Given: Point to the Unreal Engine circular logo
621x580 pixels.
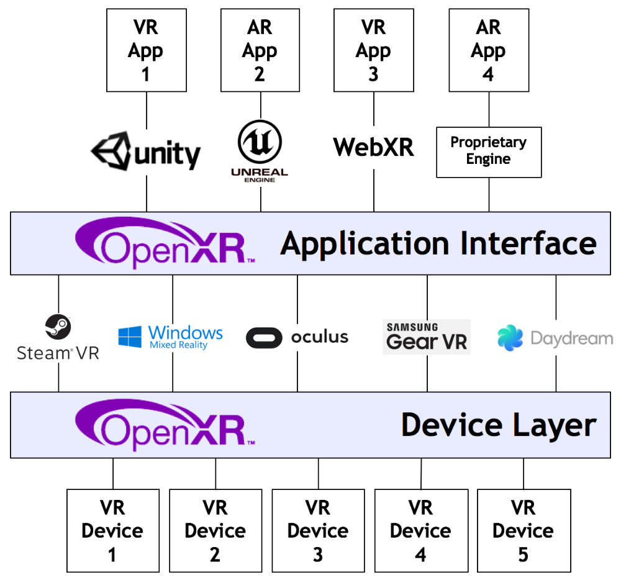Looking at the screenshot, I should pyautogui.click(x=260, y=142).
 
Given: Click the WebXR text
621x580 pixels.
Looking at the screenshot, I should pyautogui.click(x=373, y=148).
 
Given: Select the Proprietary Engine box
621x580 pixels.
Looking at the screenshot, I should pyautogui.click(x=488, y=152).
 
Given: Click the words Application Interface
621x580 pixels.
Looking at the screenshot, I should pyautogui.click(x=438, y=243).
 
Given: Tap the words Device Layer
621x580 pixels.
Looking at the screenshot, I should pyautogui.click(x=498, y=425).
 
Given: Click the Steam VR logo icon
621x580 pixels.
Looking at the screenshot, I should pyautogui.click(x=58, y=327).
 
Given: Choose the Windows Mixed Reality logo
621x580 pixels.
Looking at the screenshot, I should pyautogui.click(x=171, y=337).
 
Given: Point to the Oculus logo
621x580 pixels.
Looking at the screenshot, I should pyautogui.click(x=297, y=337).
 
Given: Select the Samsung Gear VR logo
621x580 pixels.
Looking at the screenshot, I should pyautogui.click(x=427, y=337).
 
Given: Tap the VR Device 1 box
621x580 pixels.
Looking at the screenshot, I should pyautogui.click(x=112, y=530).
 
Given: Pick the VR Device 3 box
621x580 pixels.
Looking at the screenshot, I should pyautogui.click(x=318, y=530).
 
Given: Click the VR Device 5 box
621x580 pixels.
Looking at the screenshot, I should pyautogui.click(x=524, y=530).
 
